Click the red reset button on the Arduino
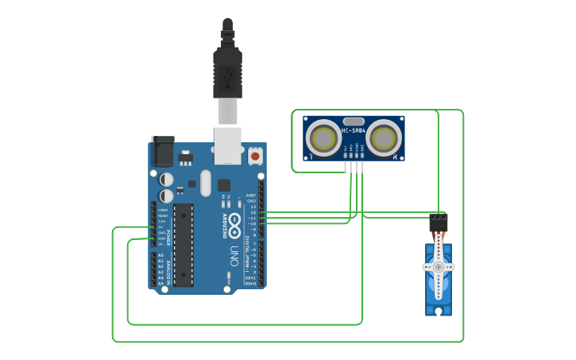pyautogui.click(x=255, y=156)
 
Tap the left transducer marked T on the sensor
pyautogui.click(x=325, y=137)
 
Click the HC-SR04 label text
pyautogui.click(x=354, y=130)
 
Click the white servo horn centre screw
pyautogui.click(x=438, y=268)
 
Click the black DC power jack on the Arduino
pyautogui.click(x=163, y=150)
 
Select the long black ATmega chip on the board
pyautogui.click(x=184, y=245)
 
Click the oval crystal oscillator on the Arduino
pyautogui.click(x=206, y=183)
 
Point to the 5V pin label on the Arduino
pyautogui.click(x=161, y=226)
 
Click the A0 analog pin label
pyautogui.click(x=160, y=255)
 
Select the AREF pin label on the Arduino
pyautogui.click(x=251, y=195)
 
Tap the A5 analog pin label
pyautogui.click(x=160, y=283)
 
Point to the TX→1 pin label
pyautogui.click(x=250, y=277)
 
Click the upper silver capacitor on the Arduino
pyautogui.click(x=167, y=180)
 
